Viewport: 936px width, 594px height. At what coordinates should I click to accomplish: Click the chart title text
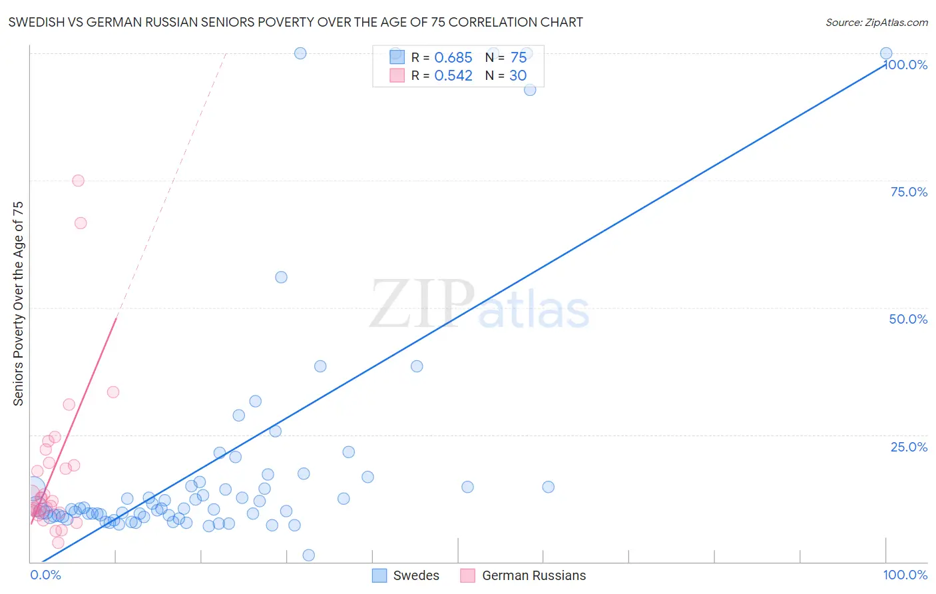click(296, 22)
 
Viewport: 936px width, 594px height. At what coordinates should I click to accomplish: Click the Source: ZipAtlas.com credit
click(876, 22)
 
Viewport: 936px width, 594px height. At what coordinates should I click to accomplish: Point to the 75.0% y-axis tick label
click(909, 192)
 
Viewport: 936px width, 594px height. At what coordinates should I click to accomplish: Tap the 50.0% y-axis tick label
click(908, 319)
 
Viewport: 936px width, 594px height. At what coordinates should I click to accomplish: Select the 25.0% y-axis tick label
click(909, 447)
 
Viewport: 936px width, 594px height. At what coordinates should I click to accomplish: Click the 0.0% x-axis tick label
click(45, 575)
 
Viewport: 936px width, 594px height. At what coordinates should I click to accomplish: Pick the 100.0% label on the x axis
click(905, 575)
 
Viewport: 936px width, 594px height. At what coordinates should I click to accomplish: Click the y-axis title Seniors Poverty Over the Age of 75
click(18, 304)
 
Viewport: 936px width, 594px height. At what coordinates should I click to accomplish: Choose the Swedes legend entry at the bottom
click(406, 575)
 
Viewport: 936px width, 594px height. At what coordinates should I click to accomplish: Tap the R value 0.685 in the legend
click(453, 58)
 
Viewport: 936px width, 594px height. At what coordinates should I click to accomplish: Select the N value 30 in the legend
click(518, 76)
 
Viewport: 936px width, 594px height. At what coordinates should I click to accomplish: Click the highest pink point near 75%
click(78, 180)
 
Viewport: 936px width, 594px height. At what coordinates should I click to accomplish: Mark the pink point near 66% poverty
click(81, 223)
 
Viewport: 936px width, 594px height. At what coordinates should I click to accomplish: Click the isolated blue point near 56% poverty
click(281, 277)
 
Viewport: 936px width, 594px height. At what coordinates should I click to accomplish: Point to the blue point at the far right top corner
click(886, 53)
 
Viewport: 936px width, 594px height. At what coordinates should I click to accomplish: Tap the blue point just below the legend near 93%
click(530, 90)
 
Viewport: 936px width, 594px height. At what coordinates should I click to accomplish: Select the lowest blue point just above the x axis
click(308, 555)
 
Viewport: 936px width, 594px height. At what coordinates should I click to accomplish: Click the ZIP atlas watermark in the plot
click(479, 305)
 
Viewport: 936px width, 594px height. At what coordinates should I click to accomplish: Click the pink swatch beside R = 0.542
click(397, 76)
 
